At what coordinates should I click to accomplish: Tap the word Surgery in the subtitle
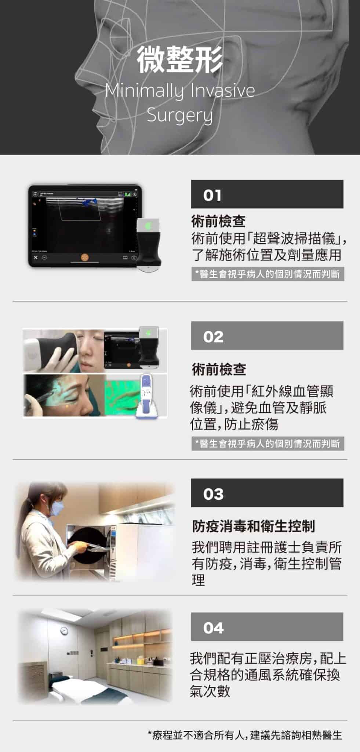click(x=180, y=115)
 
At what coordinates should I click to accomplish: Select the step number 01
click(x=212, y=195)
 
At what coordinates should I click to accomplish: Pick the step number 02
click(x=213, y=337)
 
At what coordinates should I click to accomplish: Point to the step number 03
click(x=213, y=494)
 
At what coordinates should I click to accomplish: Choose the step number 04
click(x=213, y=628)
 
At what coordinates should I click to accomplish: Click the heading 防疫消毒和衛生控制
click(x=254, y=526)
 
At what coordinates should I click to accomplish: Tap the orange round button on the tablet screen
click(x=85, y=257)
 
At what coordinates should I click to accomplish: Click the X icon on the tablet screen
click(x=36, y=257)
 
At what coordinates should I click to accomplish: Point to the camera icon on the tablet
click(x=134, y=257)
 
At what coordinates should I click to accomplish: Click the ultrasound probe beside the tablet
click(x=149, y=244)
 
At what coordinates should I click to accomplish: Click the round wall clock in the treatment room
click(x=64, y=631)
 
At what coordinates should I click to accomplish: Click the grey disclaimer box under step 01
click(x=268, y=274)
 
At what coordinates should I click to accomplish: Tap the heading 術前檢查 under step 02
click(x=219, y=369)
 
